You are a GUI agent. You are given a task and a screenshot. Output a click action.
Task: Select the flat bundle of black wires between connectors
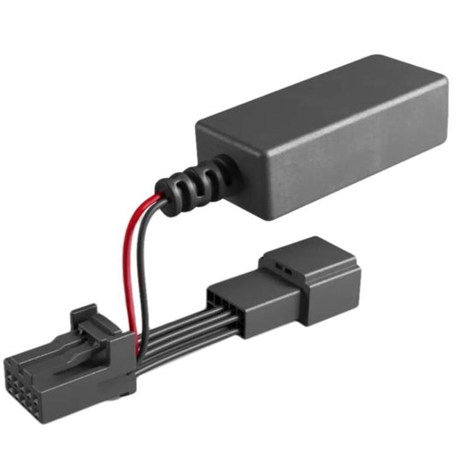coord(175,329)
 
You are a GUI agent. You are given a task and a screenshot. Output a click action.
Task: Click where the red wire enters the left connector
coord(132,329)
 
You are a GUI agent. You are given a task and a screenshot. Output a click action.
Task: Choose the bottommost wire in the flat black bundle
coord(175,343)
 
